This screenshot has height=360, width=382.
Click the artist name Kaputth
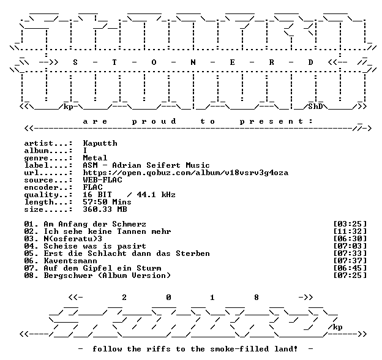coord(100,143)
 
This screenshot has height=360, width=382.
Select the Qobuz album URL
coord(185,173)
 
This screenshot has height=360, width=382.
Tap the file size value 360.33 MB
coord(105,209)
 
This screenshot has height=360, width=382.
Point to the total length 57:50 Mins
coord(107,202)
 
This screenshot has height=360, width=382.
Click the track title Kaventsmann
coord(70,261)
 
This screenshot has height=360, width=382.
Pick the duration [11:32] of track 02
coord(350,231)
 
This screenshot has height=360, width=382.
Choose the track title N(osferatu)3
coord(73,239)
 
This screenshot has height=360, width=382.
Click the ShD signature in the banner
coord(315,107)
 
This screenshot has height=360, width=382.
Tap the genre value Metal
coord(95,158)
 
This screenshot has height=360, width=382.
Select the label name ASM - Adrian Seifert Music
coord(146,165)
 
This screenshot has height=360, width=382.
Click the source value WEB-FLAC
coord(103,180)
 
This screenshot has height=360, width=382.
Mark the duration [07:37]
coord(350,261)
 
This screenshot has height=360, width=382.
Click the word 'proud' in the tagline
coord(154,121)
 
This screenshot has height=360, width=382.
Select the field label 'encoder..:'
coord(48,187)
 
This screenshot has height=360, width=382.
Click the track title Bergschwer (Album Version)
coord(107,276)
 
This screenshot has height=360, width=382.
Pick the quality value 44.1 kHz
coord(156,195)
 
